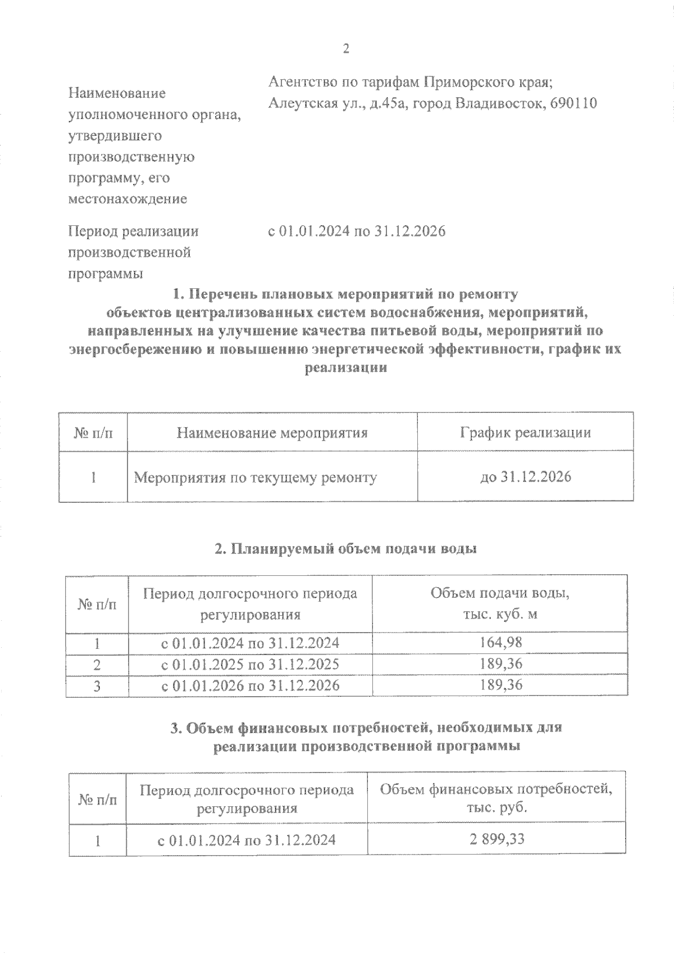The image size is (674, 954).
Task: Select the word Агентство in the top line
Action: (302, 82)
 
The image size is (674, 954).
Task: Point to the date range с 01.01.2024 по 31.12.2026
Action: (357, 231)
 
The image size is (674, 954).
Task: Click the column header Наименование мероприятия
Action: (272, 433)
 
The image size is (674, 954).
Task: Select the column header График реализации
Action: (525, 433)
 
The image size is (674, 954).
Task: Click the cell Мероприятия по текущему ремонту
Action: (256, 478)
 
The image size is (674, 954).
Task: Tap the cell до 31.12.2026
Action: (525, 477)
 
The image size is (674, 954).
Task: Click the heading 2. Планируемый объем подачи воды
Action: (346, 549)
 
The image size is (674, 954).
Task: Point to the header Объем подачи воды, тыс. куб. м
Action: (500, 603)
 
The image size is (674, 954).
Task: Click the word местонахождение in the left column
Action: (127, 199)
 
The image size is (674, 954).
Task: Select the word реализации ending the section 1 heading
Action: (346, 369)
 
